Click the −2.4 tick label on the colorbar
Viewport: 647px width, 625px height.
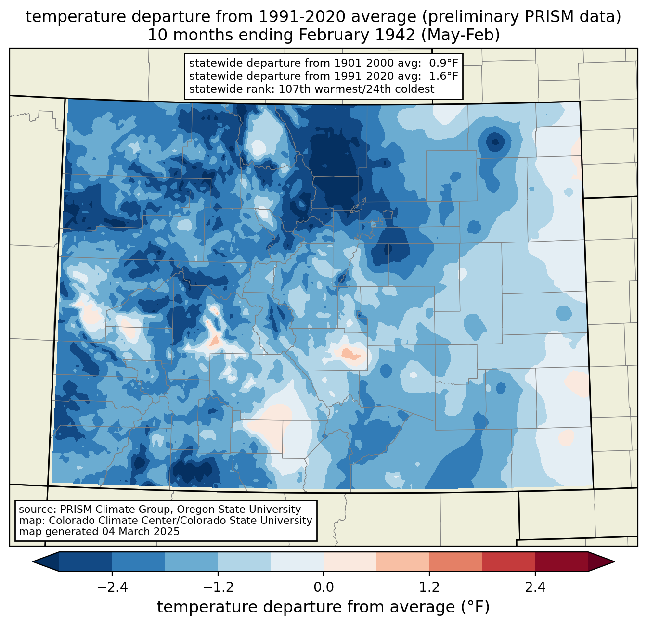click(x=112, y=587)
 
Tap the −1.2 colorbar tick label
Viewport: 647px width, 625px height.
click(x=218, y=587)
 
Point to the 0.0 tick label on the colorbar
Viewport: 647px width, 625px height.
click(x=323, y=587)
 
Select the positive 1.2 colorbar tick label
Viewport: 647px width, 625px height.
click(x=429, y=587)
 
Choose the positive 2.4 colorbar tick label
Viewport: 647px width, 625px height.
click(x=535, y=587)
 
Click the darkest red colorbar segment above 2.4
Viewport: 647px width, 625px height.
click(x=561, y=561)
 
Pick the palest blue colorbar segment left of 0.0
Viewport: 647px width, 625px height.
click(x=297, y=561)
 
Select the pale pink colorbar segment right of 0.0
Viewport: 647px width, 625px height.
click(x=350, y=561)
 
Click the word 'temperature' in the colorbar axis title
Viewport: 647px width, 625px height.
click(x=197, y=607)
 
